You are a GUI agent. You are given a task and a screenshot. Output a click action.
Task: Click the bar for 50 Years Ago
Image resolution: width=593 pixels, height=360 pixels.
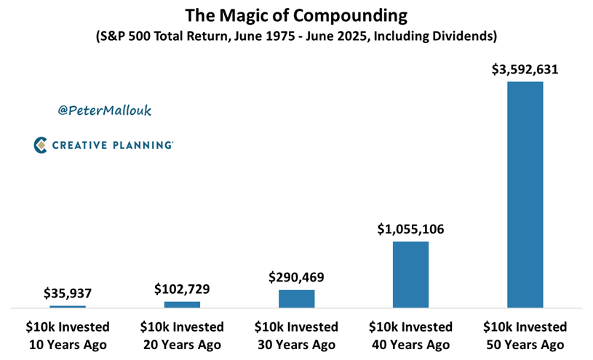[x=525, y=194]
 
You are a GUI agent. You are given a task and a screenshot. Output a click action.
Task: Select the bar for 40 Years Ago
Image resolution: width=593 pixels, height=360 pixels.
[x=410, y=274]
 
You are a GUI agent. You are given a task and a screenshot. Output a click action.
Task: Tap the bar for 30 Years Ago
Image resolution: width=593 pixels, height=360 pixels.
[x=297, y=299]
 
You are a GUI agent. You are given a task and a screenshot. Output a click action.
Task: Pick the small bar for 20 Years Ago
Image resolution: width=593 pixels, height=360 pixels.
[x=182, y=305]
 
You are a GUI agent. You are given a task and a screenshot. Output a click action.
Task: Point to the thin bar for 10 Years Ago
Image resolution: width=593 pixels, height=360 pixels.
[x=68, y=307]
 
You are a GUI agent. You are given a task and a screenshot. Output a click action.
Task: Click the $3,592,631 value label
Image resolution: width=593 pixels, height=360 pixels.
[x=525, y=70]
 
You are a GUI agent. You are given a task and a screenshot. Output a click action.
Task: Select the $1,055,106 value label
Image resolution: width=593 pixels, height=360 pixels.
[x=410, y=229]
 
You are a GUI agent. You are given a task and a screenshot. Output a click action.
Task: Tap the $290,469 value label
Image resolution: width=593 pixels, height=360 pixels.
[x=297, y=277]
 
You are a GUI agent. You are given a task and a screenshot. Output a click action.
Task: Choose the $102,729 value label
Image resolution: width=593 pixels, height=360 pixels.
[x=182, y=289]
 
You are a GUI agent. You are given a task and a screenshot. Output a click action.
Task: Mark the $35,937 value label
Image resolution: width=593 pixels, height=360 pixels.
[x=68, y=293]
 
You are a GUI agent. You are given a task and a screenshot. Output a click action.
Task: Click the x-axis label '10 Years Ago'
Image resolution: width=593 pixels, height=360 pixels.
[x=68, y=345]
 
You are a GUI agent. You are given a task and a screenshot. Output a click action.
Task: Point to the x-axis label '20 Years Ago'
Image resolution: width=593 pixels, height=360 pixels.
[x=182, y=345]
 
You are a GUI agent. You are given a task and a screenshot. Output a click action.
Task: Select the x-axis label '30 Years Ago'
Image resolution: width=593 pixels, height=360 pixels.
[x=297, y=345]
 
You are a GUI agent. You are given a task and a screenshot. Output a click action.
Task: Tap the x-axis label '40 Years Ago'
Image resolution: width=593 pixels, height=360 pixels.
[x=410, y=345]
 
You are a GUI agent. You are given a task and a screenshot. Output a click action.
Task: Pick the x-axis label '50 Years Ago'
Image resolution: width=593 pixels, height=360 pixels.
[x=525, y=345]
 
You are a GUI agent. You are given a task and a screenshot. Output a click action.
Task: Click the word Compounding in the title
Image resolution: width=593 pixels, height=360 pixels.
[x=350, y=16]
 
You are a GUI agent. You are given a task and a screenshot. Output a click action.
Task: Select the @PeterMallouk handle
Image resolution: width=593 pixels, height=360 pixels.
[x=104, y=110]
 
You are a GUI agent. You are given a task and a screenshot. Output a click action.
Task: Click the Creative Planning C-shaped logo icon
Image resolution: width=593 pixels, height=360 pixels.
[x=40, y=145]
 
